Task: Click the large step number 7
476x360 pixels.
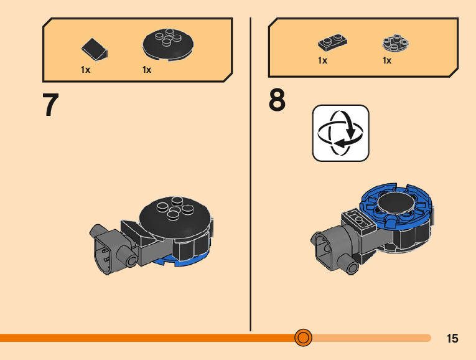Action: [x=50, y=105]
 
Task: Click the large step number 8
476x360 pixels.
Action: [x=278, y=101]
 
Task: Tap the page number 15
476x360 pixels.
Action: [x=452, y=338]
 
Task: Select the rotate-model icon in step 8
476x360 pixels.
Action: [x=340, y=133]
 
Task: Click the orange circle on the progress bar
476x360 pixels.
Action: [x=303, y=338]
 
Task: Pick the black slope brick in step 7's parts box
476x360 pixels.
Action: [x=95, y=48]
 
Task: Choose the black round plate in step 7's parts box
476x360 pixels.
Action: [x=168, y=45]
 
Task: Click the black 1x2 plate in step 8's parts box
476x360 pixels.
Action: [x=332, y=42]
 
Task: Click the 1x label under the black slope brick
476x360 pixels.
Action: [x=85, y=70]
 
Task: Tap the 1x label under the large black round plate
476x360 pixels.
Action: [x=147, y=70]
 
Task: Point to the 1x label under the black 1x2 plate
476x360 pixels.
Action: [x=322, y=60]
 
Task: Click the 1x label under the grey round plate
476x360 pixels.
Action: [x=387, y=60]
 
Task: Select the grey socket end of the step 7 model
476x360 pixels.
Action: [x=107, y=252]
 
